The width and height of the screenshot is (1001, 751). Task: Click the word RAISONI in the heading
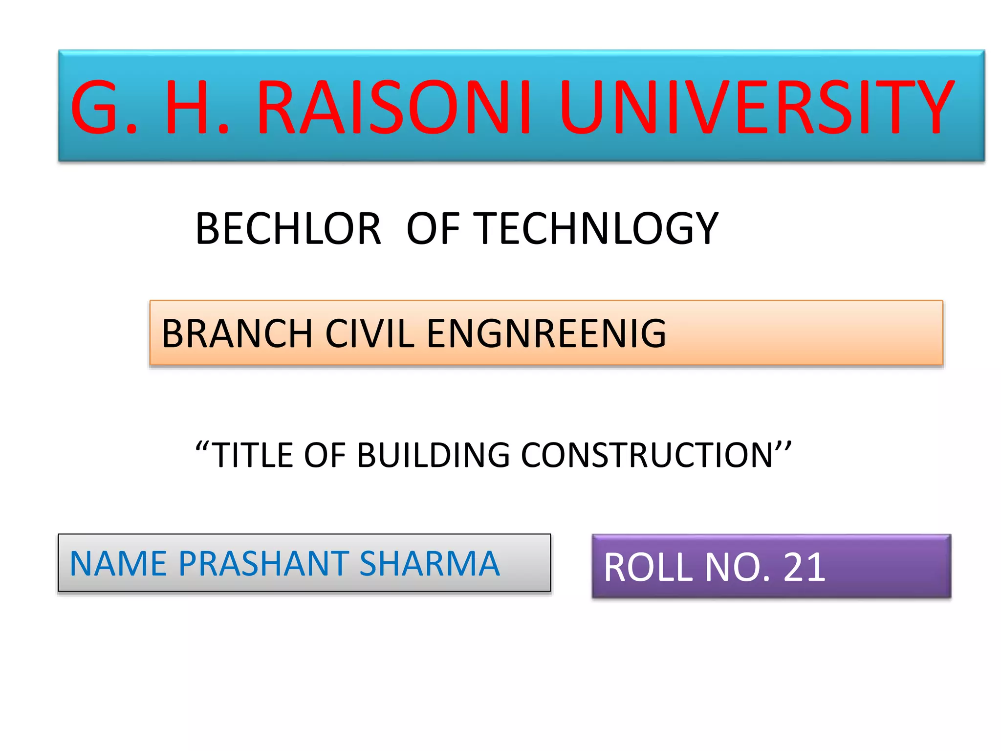point(393,107)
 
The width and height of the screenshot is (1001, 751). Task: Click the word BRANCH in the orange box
point(237,333)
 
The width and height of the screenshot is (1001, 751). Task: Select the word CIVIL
point(370,333)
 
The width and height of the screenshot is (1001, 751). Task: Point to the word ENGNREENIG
point(546,333)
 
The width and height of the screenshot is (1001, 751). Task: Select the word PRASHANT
point(264,564)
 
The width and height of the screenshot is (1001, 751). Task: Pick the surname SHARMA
point(430,564)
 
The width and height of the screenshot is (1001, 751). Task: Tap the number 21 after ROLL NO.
point(805,567)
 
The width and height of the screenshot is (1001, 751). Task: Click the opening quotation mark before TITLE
point(202,446)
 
